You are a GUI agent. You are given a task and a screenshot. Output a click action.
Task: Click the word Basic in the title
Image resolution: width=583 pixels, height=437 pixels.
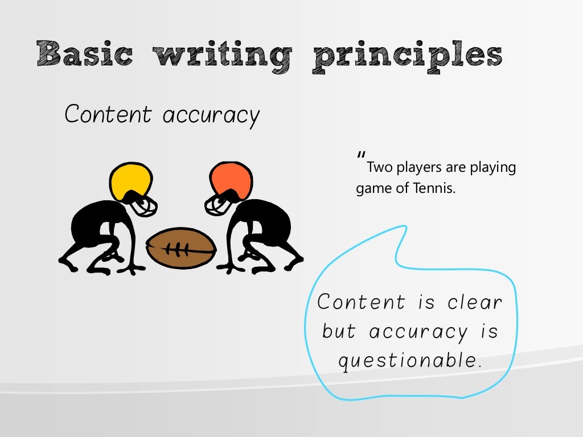click(x=84, y=55)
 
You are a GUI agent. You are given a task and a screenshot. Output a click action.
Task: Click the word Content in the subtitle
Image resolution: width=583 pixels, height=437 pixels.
click(x=108, y=114)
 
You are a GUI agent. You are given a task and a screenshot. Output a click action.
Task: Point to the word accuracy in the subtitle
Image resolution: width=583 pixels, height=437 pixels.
click(x=211, y=116)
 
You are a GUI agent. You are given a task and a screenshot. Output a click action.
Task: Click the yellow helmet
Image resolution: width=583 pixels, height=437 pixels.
click(x=133, y=179)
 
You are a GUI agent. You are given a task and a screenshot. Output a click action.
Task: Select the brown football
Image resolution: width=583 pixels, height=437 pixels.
click(x=181, y=248)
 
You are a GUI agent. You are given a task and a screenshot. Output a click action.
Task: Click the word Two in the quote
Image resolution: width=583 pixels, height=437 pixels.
click(x=378, y=168)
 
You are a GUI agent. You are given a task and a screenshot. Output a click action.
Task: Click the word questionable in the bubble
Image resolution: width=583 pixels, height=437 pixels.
click(x=410, y=361)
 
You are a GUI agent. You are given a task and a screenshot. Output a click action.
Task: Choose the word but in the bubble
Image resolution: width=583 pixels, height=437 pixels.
click(x=339, y=331)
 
